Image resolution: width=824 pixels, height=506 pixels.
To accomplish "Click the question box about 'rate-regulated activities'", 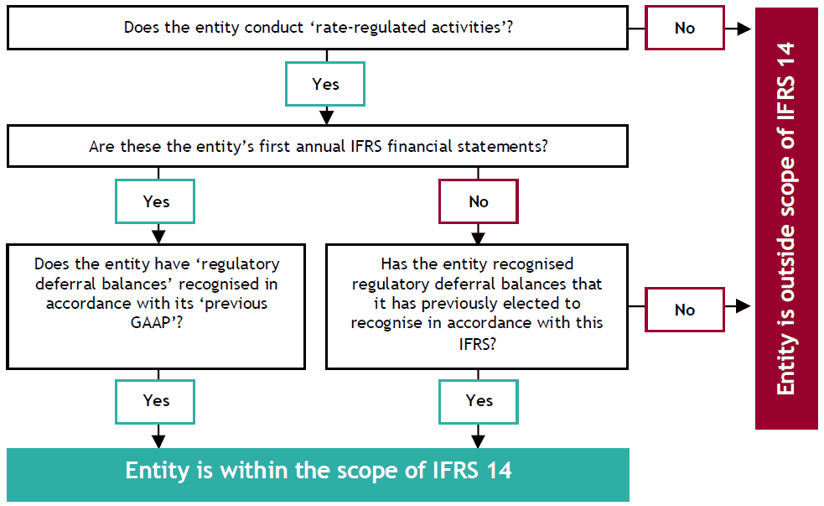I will point(318,27).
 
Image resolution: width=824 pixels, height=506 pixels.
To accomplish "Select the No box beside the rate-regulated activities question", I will point(684,28).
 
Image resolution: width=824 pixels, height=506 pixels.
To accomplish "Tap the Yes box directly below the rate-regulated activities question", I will point(325,84).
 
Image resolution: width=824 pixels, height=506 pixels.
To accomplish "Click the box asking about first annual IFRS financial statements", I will point(318,146).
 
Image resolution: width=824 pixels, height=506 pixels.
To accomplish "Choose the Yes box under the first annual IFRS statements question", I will point(156,201).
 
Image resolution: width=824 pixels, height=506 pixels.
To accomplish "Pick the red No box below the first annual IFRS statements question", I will point(479,201).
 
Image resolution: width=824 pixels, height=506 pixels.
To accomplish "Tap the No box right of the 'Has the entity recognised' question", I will point(684,310).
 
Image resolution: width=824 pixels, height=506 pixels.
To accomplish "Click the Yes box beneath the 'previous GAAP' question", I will point(156,400).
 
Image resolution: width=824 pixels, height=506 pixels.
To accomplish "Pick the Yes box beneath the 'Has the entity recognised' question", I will point(479,400).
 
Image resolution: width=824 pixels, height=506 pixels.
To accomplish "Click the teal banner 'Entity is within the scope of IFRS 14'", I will point(318,470).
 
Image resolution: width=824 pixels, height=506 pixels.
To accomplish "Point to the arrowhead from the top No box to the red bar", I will point(743,28).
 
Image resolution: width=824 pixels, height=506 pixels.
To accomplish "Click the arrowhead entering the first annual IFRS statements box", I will point(325,117).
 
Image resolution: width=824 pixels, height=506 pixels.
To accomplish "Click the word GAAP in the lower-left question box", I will point(157,324).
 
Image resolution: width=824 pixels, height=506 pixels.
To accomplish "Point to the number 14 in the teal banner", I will point(496,470).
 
